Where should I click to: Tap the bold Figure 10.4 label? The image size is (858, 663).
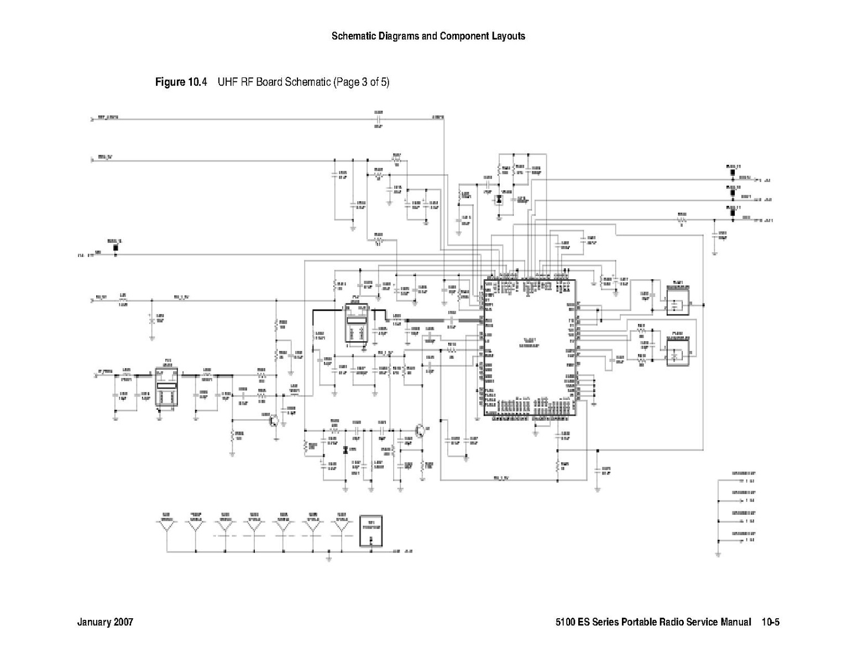181,82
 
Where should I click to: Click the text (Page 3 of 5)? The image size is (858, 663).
361,82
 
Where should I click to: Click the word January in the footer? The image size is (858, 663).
94,622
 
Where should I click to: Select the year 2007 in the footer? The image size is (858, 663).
123,622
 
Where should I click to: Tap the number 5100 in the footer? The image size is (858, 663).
566,622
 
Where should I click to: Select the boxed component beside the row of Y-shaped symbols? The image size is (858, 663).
371,531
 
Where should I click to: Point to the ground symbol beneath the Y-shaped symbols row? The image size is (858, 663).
329,559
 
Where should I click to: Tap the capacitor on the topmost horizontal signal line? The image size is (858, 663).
379,118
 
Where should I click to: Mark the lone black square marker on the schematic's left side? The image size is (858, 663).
116,247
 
